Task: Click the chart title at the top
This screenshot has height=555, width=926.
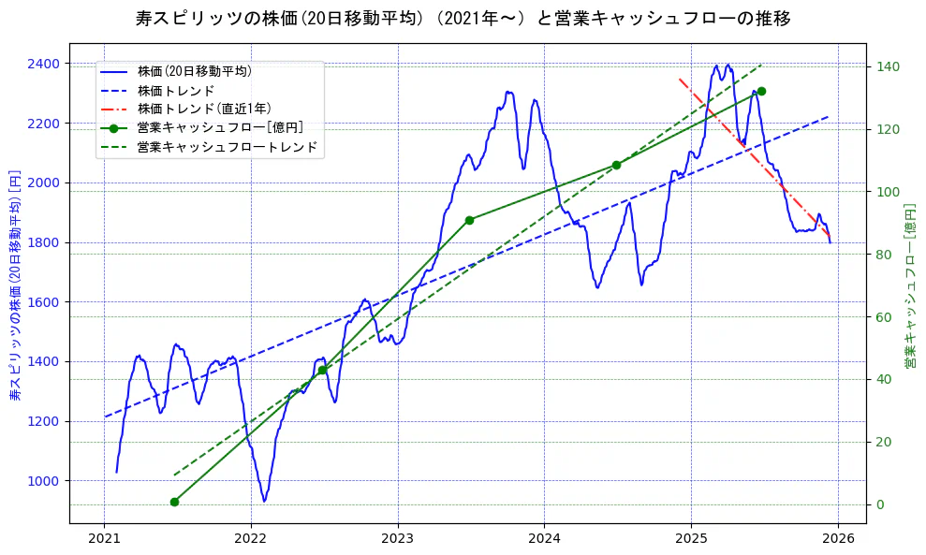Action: [x=463, y=18]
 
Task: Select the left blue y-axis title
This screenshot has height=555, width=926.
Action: [x=15, y=285]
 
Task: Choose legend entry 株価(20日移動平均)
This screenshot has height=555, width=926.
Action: [x=194, y=71]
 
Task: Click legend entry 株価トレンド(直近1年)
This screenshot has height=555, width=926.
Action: [x=204, y=109]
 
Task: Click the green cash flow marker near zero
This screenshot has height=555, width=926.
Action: [x=174, y=502]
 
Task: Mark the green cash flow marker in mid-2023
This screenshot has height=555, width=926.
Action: [x=469, y=220]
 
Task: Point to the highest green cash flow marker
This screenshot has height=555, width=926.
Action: [x=761, y=91]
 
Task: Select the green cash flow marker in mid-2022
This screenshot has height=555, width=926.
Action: [x=322, y=370]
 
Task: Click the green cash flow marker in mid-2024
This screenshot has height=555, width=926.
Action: [x=616, y=165]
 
